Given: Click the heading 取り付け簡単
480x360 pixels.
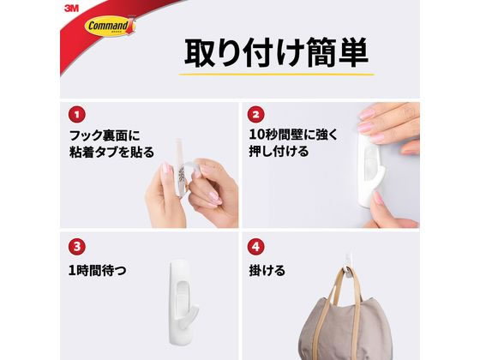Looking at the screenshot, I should coord(276,51).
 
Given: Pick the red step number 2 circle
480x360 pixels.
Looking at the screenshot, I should coord(256,113).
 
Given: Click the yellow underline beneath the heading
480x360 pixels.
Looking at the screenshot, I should coord(276,76).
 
